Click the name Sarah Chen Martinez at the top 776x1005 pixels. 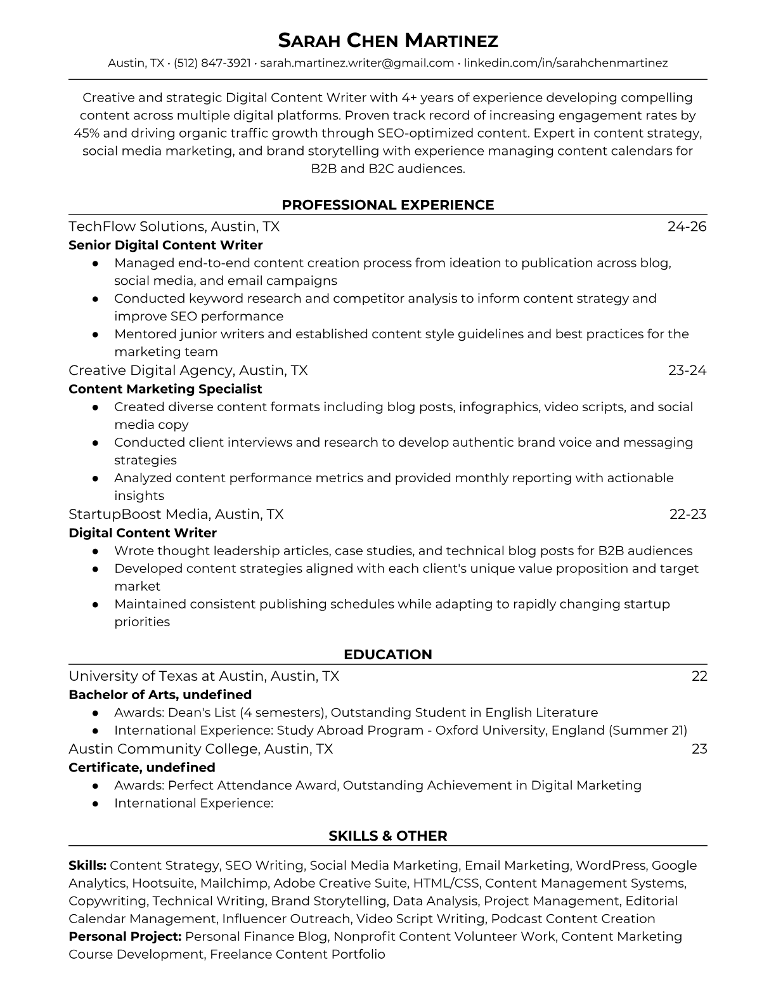388,41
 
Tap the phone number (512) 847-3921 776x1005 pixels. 212,63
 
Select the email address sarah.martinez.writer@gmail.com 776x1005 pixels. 357,63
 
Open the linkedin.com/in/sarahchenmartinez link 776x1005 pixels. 566,63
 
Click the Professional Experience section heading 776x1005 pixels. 388,205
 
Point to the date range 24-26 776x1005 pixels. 687,227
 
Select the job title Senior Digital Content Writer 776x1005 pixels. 165,245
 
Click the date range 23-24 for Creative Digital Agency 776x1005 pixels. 687,371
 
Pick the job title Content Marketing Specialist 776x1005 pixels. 165,389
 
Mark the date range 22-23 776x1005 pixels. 688,515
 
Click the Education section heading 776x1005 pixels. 388,655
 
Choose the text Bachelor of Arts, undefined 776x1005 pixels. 160,695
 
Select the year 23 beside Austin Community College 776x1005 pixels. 699,749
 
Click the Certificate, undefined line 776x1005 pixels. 142,768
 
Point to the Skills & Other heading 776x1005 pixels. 388,836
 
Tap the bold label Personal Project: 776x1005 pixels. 126,936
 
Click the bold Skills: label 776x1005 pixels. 87,865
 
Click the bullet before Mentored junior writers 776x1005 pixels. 95,334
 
